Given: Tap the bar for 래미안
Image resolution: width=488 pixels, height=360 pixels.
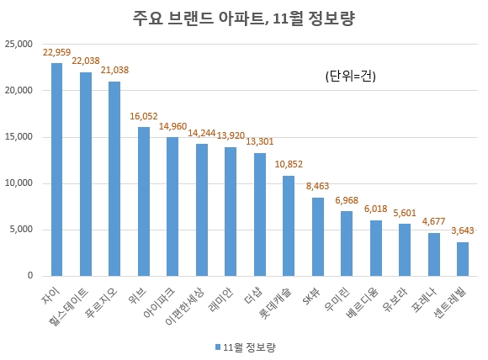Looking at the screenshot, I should [231, 211].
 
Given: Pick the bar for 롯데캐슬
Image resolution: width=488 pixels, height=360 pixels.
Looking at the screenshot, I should [289, 225].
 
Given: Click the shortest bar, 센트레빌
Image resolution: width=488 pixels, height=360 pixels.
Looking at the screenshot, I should [463, 259].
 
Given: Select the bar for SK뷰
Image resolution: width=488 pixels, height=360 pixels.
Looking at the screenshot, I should [317, 236].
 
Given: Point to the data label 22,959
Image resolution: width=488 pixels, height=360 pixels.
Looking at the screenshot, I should [56, 52].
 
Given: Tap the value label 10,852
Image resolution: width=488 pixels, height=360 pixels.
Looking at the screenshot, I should [289, 164].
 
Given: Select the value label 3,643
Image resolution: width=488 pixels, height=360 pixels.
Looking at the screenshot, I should [463, 231].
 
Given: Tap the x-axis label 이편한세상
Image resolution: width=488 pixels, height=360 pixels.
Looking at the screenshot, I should [187, 306].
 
